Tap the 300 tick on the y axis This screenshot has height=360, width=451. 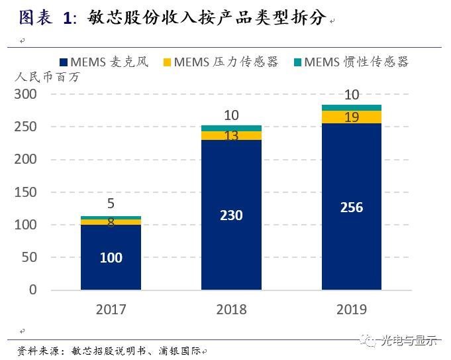[26, 94]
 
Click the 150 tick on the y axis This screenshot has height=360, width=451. [26, 192]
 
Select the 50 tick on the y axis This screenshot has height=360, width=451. [30, 258]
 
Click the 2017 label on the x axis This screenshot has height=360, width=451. [111, 309]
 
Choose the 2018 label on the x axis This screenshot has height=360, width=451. [231, 309]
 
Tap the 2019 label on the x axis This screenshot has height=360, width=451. [351, 309]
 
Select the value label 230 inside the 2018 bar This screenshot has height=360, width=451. [231, 215]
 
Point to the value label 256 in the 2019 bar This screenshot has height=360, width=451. [351, 208]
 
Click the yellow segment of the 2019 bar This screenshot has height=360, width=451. [351, 117]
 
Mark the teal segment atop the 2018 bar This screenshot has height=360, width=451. [231, 128]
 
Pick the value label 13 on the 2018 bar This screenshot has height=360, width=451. [231, 136]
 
